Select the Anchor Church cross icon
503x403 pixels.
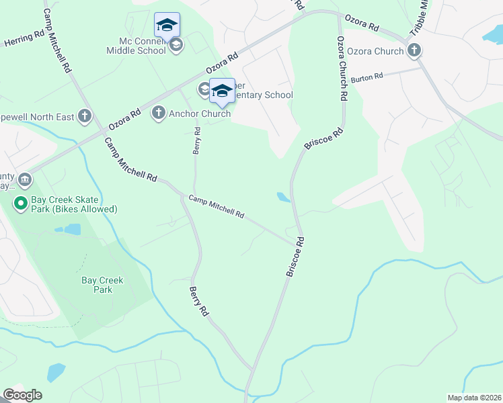[x=159, y=113]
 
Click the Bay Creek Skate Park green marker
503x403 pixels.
[x=20, y=201]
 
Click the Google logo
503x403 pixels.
[x=22, y=395]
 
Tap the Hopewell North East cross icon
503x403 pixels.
[x=84, y=117]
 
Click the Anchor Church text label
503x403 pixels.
[x=200, y=114]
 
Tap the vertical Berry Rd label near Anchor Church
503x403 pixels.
[x=197, y=140]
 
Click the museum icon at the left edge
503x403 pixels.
[x=25, y=180]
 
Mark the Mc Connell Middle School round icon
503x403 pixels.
[x=176, y=46]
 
